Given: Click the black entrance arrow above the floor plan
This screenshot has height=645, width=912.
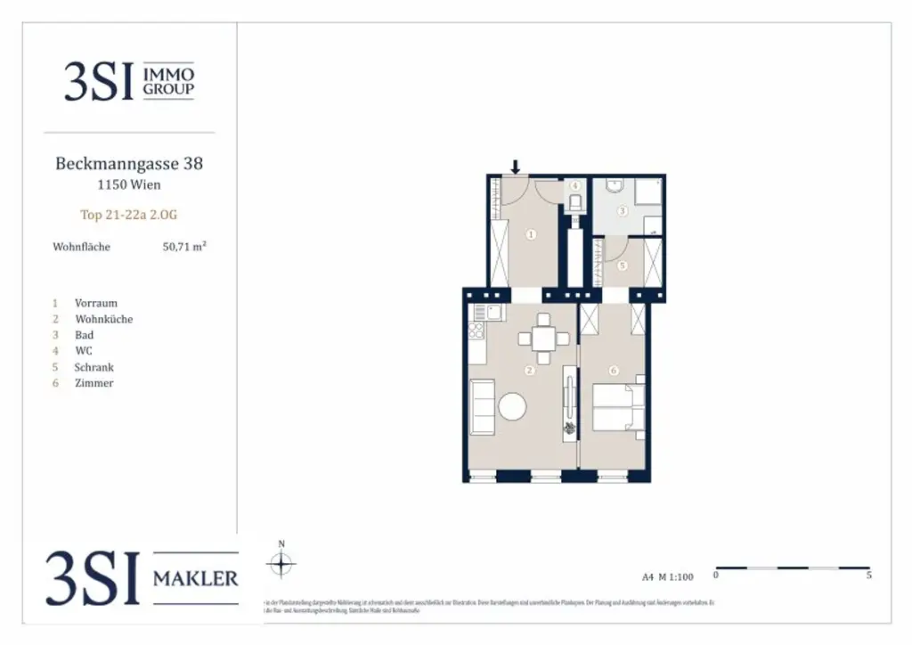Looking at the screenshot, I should point(515,166).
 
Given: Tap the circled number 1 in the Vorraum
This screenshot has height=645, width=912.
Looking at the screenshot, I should point(531,235).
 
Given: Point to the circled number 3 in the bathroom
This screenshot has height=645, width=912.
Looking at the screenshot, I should point(623,211).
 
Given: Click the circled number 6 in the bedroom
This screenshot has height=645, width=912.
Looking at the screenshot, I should point(613,371).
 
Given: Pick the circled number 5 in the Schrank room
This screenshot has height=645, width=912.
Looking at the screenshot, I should point(623,265).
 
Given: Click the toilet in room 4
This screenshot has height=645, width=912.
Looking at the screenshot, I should point(575,203).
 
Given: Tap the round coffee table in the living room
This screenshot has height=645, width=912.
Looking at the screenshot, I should point(512,407).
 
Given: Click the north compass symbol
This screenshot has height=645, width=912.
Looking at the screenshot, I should point(281,563).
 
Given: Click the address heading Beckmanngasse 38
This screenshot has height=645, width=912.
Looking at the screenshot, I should point(129,164).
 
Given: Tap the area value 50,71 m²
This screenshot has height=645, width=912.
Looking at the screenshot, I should point(184,247).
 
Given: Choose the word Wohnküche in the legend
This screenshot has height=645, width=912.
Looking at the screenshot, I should point(104,319).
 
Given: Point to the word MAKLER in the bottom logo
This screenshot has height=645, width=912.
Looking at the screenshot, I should point(196,579).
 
